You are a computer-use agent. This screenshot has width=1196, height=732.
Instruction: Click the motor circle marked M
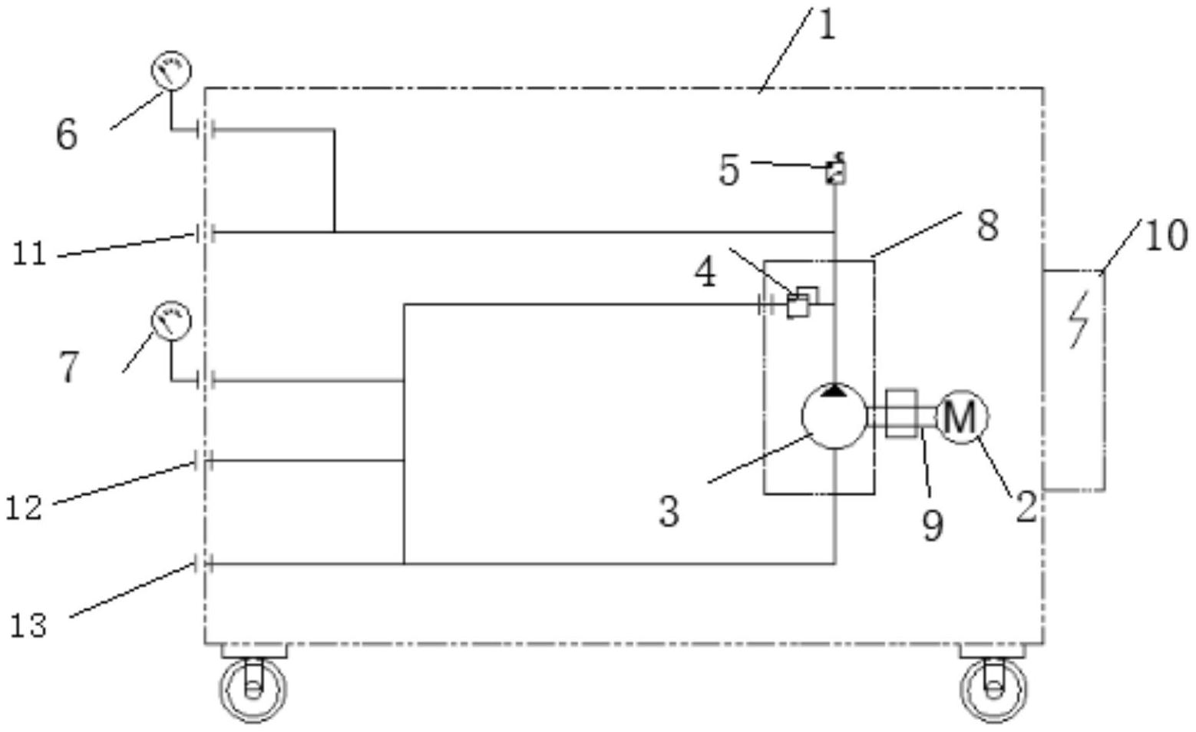point(962,417)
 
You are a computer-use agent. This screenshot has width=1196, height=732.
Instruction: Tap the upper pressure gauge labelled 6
point(170,71)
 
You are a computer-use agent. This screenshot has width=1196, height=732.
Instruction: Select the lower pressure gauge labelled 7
point(170,322)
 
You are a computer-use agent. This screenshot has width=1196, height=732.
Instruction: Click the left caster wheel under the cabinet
point(253,687)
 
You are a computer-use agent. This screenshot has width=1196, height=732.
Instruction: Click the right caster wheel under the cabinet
point(993,687)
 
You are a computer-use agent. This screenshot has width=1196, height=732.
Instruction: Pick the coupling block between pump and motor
point(901,413)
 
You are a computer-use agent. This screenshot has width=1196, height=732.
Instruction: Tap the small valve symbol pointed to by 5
point(835,171)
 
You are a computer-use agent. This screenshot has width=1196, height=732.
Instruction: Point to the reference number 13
point(28,625)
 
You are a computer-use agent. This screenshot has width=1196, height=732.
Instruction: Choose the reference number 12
point(24,508)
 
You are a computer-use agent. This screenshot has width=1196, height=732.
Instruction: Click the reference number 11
point(30,253)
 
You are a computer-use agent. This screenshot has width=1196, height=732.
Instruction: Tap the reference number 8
point(987,226)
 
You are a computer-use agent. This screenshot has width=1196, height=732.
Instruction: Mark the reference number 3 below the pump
point(669,511)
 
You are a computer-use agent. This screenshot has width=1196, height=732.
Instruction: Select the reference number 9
point(932,526)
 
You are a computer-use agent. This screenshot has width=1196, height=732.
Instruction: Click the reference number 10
point(1166,235)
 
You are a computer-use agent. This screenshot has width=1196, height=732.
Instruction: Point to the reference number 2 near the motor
point(1027,507)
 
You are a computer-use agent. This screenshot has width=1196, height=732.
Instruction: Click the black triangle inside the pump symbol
point(834,391)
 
